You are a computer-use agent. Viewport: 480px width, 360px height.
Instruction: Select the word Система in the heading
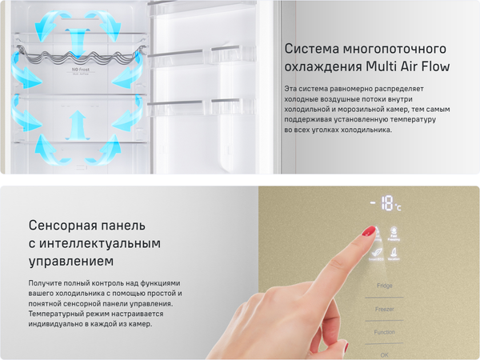pos(309,48)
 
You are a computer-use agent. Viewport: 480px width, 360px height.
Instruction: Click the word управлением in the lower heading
pos(70,261)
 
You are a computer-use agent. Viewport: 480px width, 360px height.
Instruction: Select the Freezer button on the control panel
pos(385,308)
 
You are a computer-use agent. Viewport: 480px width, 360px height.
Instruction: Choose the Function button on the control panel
pos(385,331)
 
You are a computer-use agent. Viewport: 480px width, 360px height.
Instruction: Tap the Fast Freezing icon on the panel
pos(394,233)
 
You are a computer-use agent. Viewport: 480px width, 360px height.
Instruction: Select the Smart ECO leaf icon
pos(375,254)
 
